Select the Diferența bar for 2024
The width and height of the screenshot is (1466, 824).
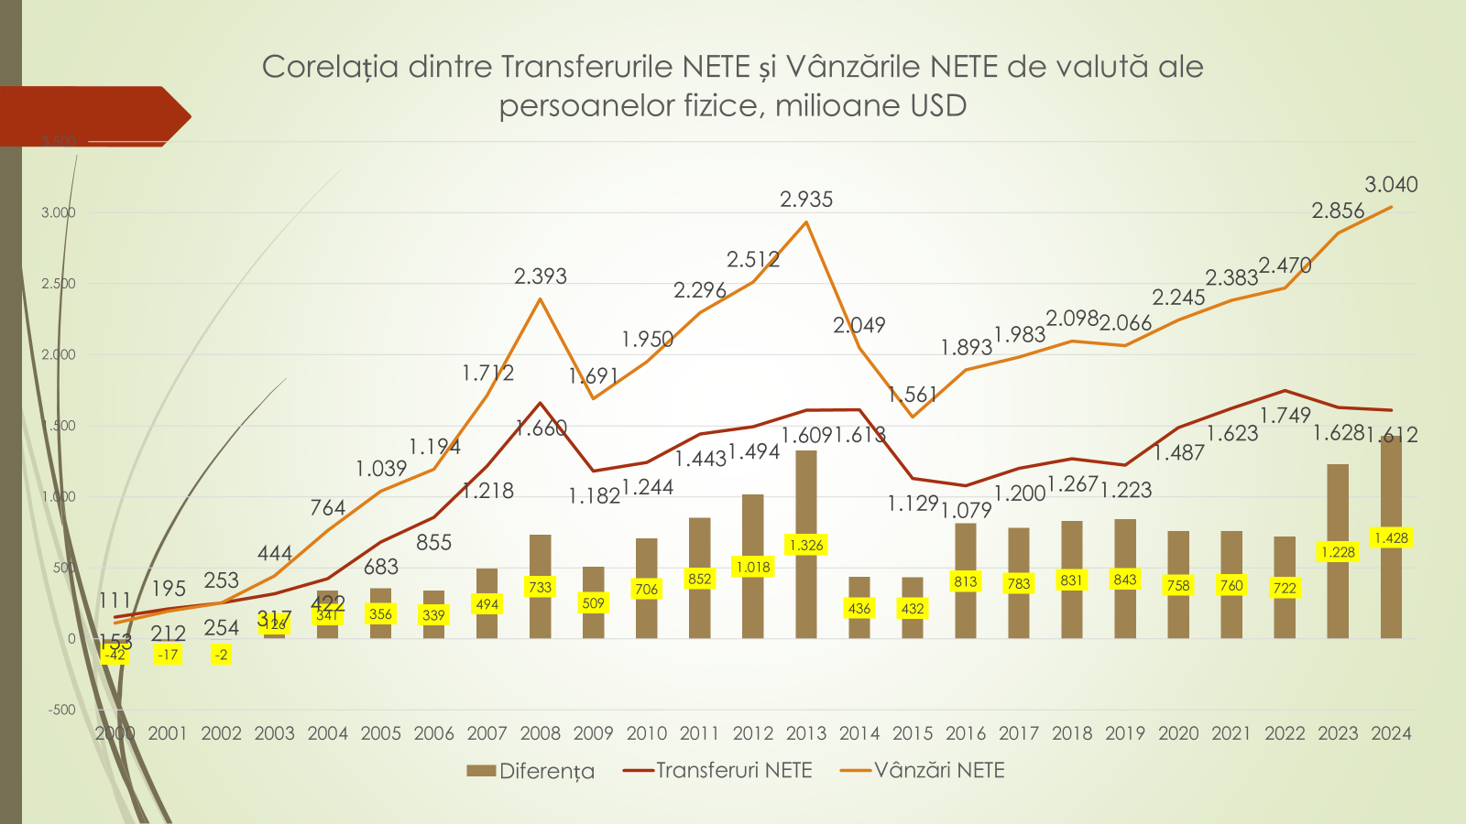pyautogui.click(x=1391, y=586)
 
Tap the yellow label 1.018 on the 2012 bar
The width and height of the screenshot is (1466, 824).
pyautogui.click(x=753, y=568)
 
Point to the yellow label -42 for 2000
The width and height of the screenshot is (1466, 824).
pyautogui.click(x=115, y=655)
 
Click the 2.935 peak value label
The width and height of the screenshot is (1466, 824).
pyautogui.click(x=806, y=200)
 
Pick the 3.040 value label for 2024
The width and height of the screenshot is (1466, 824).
pyautogui.click(x=1391, y=185)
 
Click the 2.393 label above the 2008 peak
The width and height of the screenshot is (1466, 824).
pyautogui.click(x=541, y=276)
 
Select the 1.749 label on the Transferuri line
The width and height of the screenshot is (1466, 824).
pyautogui.click(x=1285, y=416)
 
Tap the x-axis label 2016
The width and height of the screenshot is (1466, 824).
pyautogui.click(x=966, y=733)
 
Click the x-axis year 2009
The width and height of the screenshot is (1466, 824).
pyautogui.click(x=594, y=733)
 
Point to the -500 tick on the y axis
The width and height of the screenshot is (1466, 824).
pyautogui.click(x=62, y=710)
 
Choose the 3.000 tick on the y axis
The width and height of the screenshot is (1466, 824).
pyautogui.click(x=59, y=212)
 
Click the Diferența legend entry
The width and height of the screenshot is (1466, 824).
pyautogui.click(x=531, y=771)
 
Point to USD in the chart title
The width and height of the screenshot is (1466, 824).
pyautogui.click(x=938, y=106)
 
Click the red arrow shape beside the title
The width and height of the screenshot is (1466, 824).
pyautogui.click(x=92, y=116)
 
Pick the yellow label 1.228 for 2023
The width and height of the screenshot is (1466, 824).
pyautogui.click(x=1338, y=552)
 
